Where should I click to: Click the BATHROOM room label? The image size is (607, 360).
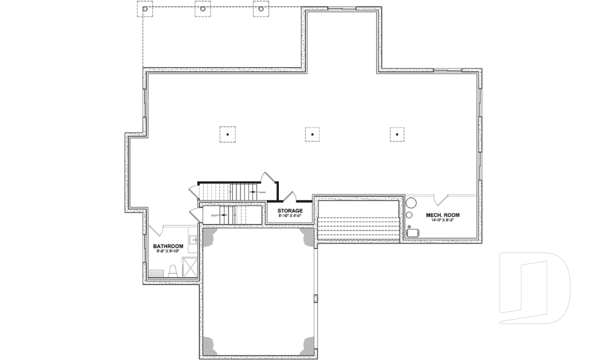point(168,246)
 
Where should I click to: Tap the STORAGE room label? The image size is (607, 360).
point(290,211)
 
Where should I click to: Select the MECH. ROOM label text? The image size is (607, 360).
point(443,215)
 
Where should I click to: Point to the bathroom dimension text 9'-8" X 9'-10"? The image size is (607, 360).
point(168,251)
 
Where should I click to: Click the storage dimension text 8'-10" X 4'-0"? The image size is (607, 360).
point(290,216)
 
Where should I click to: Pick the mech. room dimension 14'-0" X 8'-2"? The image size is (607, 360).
point(443,220)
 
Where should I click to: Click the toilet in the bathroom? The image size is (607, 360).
point(171,270)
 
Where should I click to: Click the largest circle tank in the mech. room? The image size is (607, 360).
point(411,203)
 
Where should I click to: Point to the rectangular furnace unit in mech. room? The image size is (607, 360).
point(415,233)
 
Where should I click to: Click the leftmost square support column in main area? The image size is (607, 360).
point(228,134)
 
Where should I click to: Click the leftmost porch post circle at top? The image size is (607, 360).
point(145,9)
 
